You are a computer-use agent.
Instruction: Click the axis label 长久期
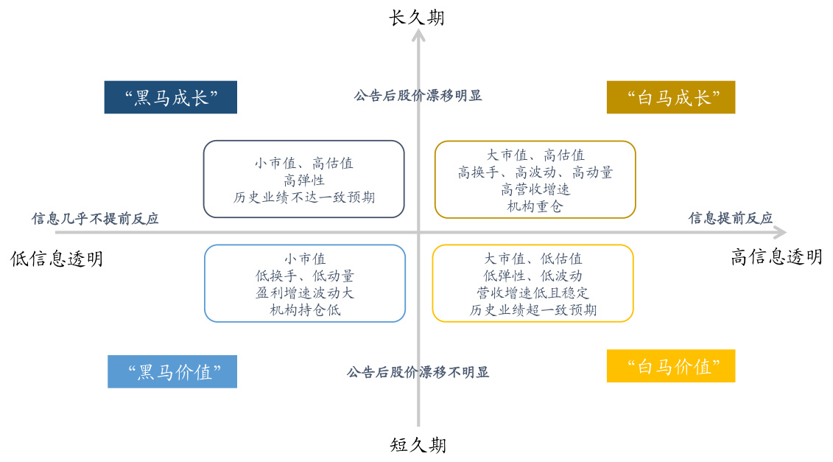417,18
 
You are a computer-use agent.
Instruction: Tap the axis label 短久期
418,444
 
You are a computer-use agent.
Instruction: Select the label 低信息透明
57,259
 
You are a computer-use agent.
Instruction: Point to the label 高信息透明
776,257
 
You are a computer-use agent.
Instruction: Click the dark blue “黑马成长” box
171,97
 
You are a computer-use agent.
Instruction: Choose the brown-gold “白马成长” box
671,97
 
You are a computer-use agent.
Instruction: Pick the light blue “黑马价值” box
172,371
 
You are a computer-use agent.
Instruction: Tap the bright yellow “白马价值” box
671,365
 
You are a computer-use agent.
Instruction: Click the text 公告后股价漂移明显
418,96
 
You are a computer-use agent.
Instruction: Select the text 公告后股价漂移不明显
418,372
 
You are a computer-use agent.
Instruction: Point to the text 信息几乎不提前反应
95,219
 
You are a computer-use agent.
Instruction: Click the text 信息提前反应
731,218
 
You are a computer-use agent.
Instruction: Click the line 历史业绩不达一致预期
304,197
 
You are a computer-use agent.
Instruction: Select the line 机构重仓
535,206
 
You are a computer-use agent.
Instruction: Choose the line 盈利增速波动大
305,293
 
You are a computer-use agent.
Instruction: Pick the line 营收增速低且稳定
533,293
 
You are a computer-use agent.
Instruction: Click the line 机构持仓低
305,310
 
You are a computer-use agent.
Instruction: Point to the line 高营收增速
535,189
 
